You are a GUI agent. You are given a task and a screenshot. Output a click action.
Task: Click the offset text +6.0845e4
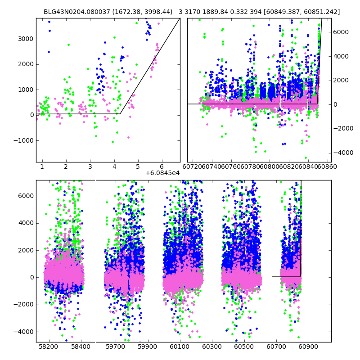tap(162, 173)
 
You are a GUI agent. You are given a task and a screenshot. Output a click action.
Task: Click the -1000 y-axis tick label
tap(23, 140)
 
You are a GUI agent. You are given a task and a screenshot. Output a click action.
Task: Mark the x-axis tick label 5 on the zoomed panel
tap(138, 167)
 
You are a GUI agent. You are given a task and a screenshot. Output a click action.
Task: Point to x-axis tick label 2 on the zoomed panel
tap(66, 167)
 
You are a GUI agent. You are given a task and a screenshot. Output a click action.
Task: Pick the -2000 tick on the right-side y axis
tap(344, 128)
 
